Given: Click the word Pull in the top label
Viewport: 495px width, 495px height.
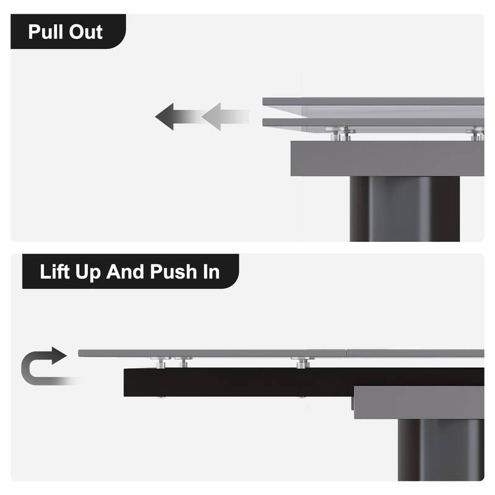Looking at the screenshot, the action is (x=46, y=32).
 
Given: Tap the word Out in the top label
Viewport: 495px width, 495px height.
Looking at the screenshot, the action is (x=86, y=32).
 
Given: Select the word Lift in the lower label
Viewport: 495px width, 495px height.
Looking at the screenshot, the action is (x=54, y=272).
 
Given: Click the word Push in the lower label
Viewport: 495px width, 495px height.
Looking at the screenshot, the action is (x=173, y=272).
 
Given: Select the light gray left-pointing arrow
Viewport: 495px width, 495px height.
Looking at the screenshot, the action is (x=225, y=116).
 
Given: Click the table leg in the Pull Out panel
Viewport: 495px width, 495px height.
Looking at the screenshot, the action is (x=405, y=209).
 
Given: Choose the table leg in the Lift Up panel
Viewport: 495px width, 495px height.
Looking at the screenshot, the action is (x=441, y=450).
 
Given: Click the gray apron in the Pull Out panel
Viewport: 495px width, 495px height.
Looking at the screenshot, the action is (x=387, y=158).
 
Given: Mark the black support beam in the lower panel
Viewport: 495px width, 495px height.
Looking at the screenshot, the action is (x=304, y=382).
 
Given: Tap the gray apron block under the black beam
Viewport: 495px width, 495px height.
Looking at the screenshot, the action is (x=419, y=403).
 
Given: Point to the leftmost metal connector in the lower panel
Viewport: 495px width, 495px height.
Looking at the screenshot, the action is (x=161, y=363).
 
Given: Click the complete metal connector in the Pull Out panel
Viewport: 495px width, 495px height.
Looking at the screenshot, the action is (x=340, y=134).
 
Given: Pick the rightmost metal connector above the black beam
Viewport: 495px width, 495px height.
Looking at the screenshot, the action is (x=303, y=363).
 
